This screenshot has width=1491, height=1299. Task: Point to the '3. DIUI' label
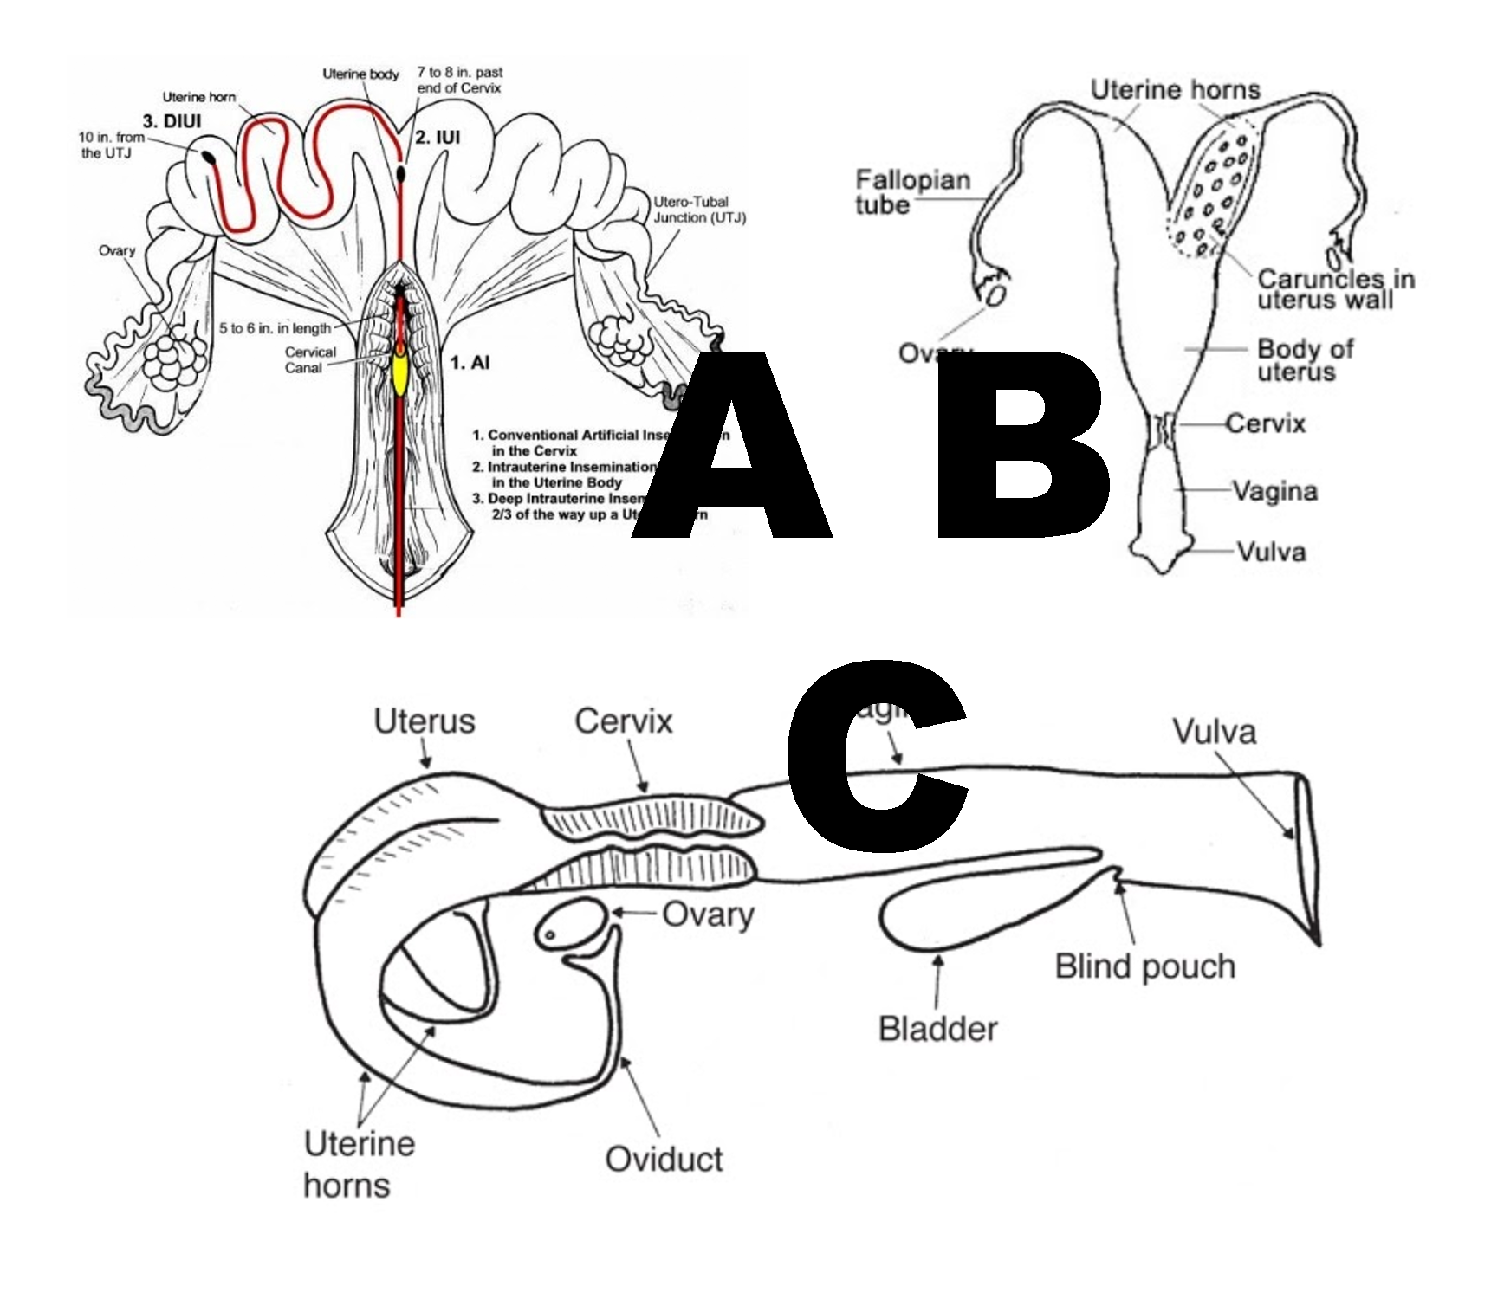(x=172, y=121)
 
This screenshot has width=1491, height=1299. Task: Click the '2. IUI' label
(x=438, y=137)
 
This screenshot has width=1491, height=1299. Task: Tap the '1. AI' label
(x=470, y=363)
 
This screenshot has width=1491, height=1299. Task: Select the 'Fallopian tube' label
(x=912, y=192)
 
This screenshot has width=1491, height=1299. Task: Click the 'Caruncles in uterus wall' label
(x=1335, y=289)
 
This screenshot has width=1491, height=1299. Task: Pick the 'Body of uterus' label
(x=1304, y=360)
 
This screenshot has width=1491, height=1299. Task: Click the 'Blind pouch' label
(x=1144, y=966)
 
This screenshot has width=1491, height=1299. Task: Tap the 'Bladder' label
(x=937, y=1029)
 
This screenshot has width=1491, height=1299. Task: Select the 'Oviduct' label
(x=664, y=1159)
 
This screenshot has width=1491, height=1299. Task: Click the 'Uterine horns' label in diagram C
(x=359, y=1164)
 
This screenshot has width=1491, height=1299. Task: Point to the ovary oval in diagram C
(x=574, y=924)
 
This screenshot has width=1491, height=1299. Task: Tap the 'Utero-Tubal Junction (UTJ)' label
(x=698, y=210)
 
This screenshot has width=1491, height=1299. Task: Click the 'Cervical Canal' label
(x=310, y=359)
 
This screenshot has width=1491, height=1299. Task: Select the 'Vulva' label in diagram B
(x=1271, y=552)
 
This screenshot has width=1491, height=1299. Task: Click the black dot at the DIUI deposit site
(x=210, y=158)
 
